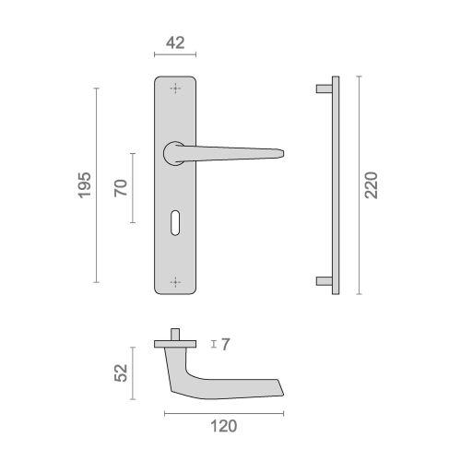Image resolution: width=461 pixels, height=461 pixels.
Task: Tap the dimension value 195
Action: click(84, 185)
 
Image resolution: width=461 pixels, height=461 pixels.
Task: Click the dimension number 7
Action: click(225, 345)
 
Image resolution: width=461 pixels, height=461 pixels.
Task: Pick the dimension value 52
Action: click(120, 372)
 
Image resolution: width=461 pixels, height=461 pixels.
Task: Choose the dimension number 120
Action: click(221, 426)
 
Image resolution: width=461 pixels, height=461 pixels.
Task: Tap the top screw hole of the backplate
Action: click(175, 89)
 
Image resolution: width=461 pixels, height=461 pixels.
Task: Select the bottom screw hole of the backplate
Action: click(175, 279)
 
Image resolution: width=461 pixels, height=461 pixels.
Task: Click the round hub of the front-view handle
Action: click(172, 153)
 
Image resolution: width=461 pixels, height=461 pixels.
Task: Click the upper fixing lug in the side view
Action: click(324, 89)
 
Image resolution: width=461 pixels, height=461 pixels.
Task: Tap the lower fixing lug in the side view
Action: click(324, 279)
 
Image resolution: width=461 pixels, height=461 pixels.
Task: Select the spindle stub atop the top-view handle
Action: click(175, 334)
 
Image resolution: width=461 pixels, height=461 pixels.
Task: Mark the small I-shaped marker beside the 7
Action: click(213, 345)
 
